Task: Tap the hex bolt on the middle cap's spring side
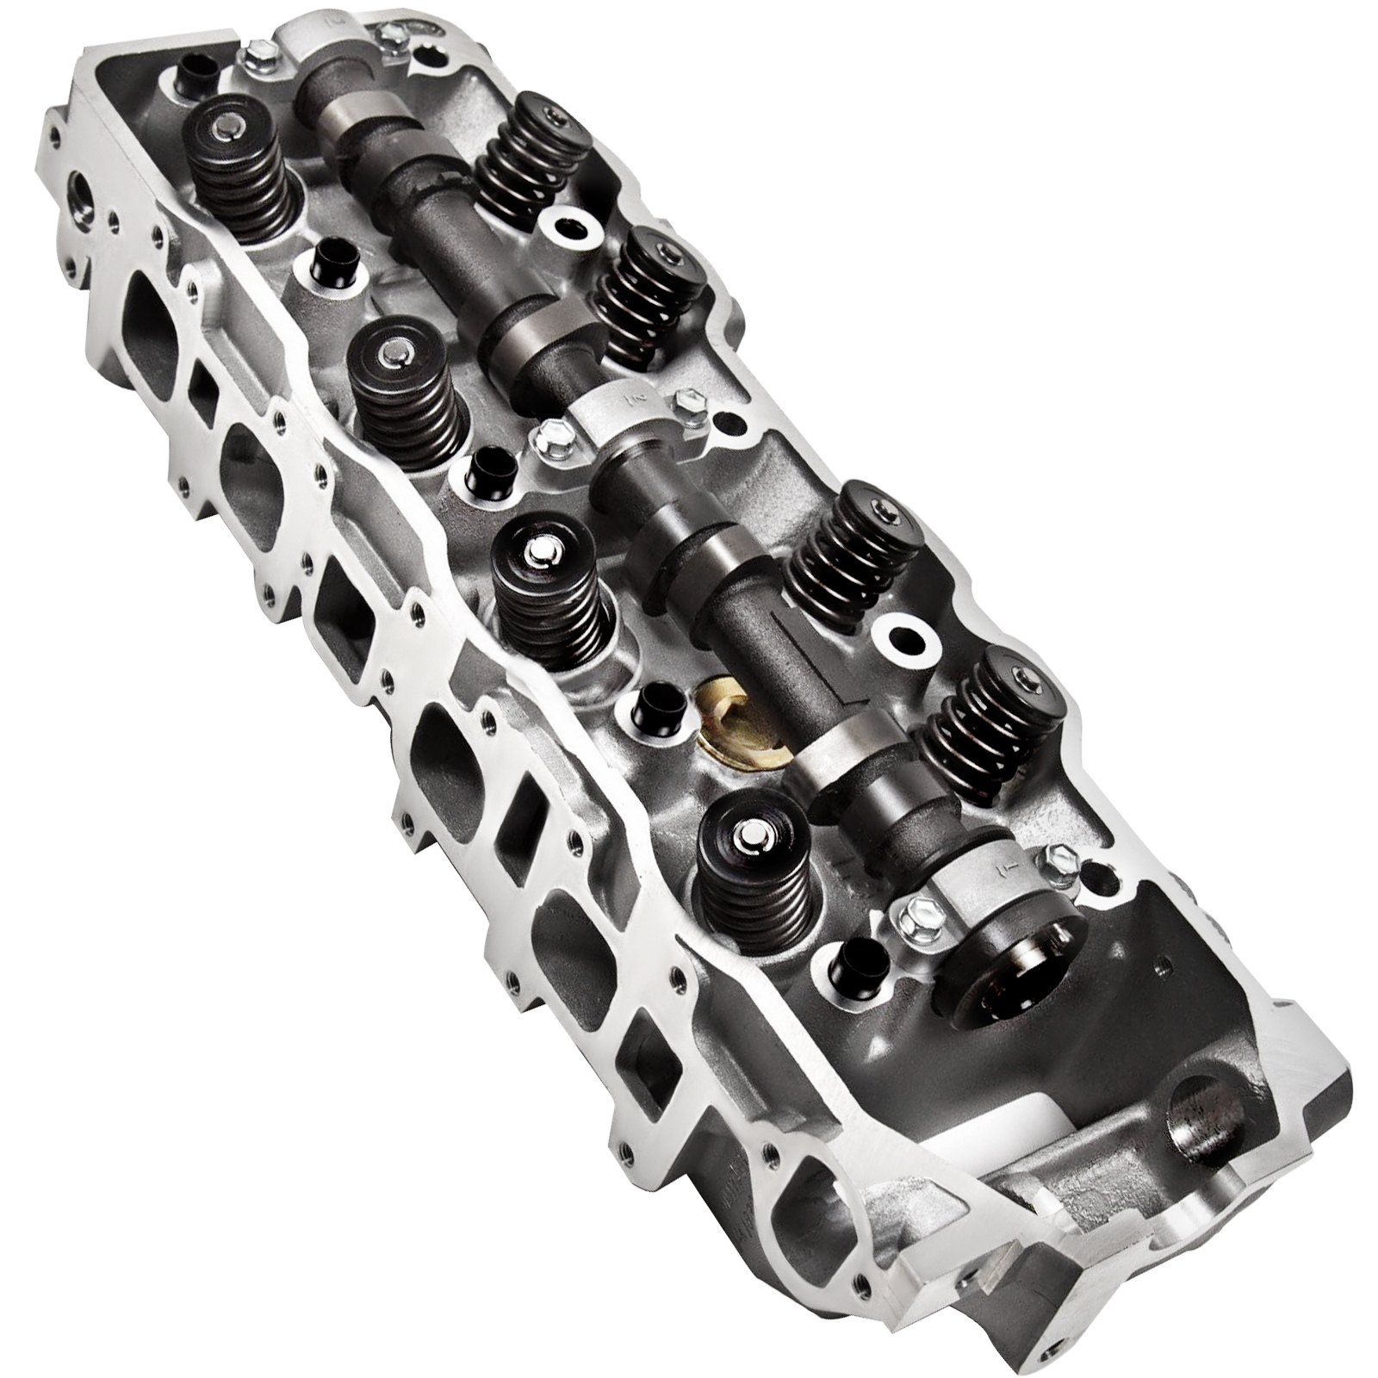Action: coord(686,400)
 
